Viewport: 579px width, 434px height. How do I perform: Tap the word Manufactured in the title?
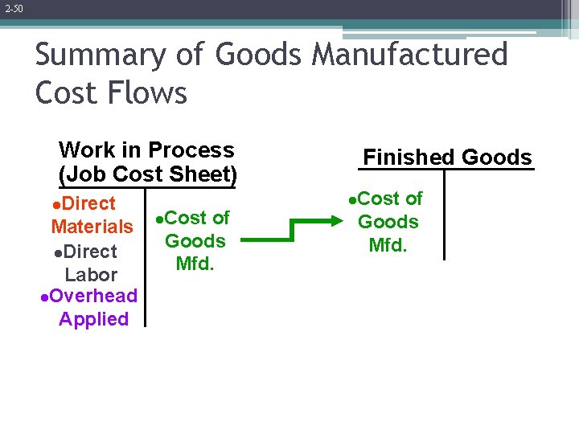tap(409, 55)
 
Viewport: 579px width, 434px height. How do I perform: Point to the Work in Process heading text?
tap(146, 150)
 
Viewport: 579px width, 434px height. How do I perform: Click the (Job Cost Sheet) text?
tap(147, 174)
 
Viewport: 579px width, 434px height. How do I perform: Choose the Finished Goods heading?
tap(447, 157)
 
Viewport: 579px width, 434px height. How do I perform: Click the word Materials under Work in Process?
tap(92, 227)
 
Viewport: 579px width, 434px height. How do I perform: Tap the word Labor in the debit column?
tap(91, 275)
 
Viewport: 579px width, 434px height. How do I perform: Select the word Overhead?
tap(93, 296)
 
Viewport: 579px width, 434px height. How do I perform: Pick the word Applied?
tap(93, 319)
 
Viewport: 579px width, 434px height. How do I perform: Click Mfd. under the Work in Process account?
tap(195, 264)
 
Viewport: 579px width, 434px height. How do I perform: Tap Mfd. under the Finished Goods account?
tap(388, 244)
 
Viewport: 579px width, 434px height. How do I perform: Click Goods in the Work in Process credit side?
tap(195, 240)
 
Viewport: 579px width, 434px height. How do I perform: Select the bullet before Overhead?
tap(44, 297)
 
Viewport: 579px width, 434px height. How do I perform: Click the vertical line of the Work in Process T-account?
tap(146, 257)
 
